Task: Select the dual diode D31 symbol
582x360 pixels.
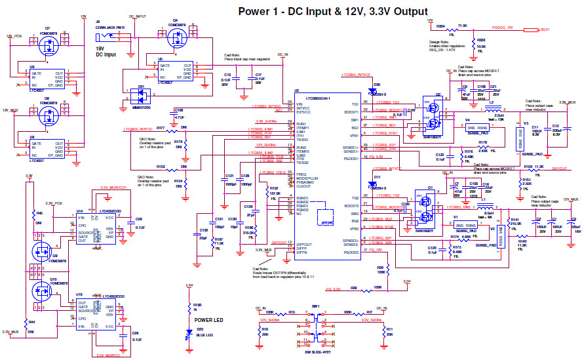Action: point(139,98)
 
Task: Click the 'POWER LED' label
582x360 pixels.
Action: point(209,319)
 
